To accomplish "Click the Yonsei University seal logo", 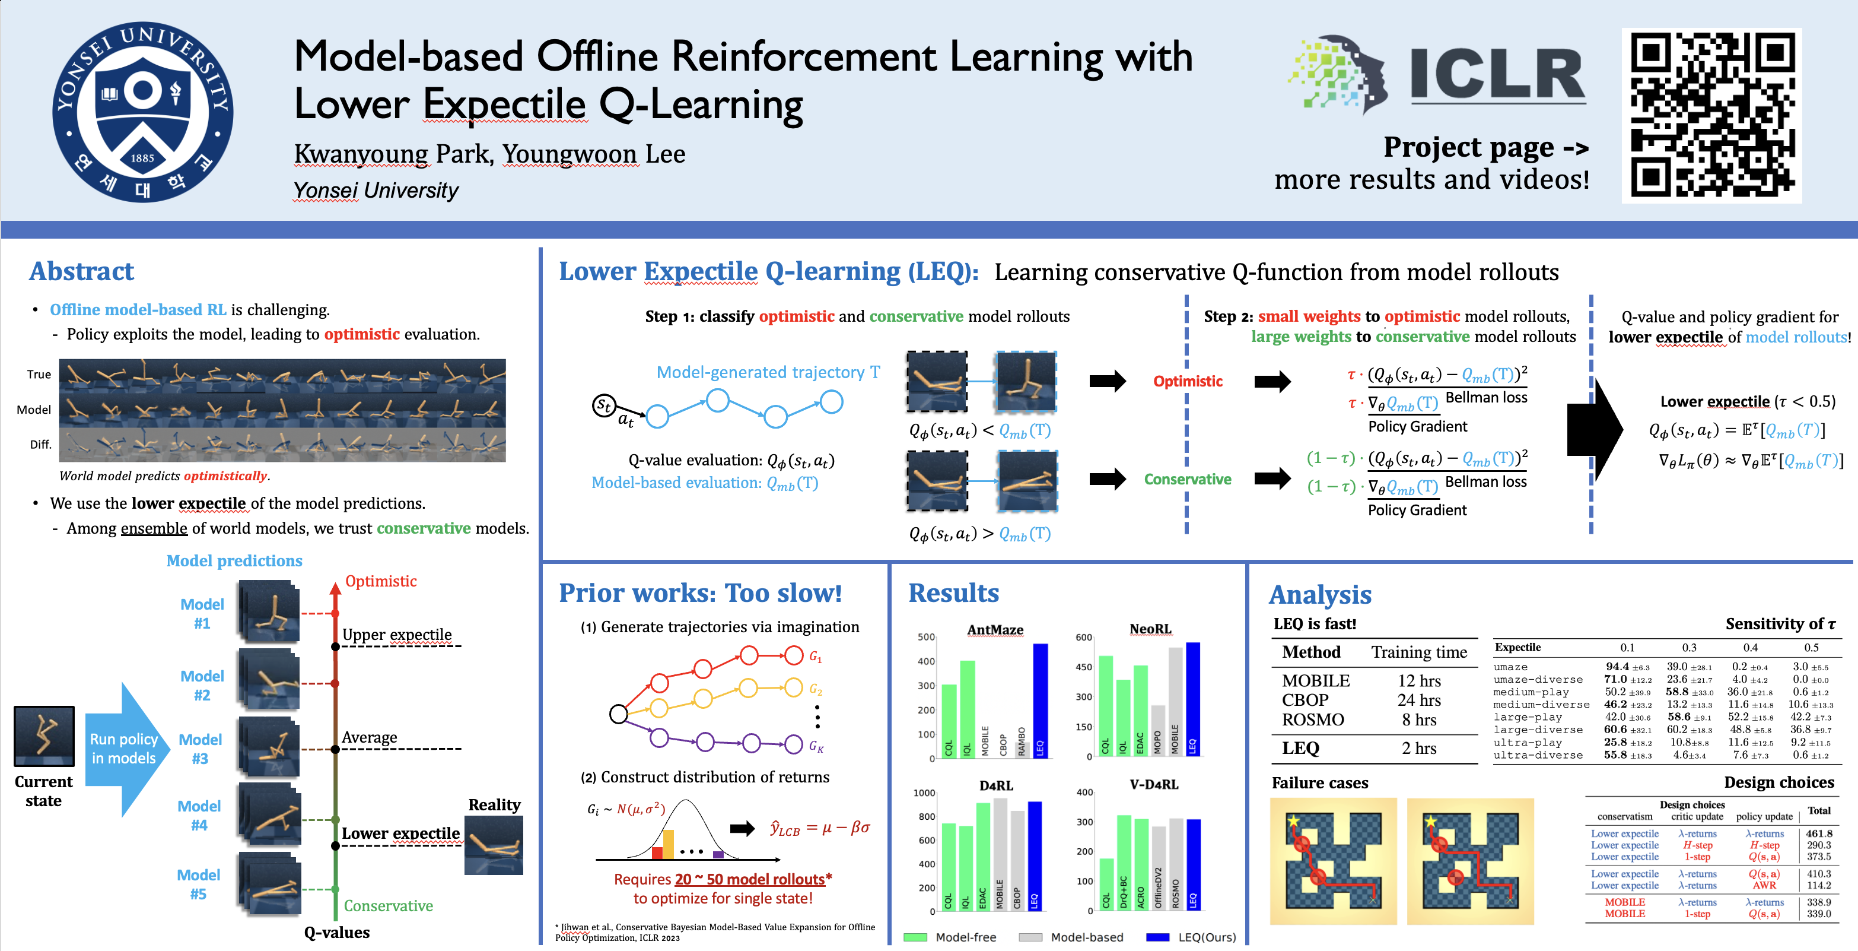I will pyautogui.click(x=142, y=112).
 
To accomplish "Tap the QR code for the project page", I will pyautogui.click(x=1711, y=115).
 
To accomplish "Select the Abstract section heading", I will pyautogui.click(x=81, y=271).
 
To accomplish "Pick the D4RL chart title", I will pyautogui.click(x=995, y=785).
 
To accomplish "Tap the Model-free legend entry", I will pyautogui.click(x=950, y=937).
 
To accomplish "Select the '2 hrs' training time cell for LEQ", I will pyautogui.click(x=1419, y=748).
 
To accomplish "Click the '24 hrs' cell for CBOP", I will pyautogui.click(x=1419, y=700).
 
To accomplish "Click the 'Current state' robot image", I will pyautogui.click(x=44, y=736).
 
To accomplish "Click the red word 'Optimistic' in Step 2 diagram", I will pyautogui.click(x=1187, y=381).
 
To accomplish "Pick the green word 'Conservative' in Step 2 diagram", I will pyautogui.click(x=1187, y=479).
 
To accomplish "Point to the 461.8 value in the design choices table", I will pyautogui.click(x=1818, y=833).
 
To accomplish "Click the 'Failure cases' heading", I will pyautogui.click(x=1319, y=783).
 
